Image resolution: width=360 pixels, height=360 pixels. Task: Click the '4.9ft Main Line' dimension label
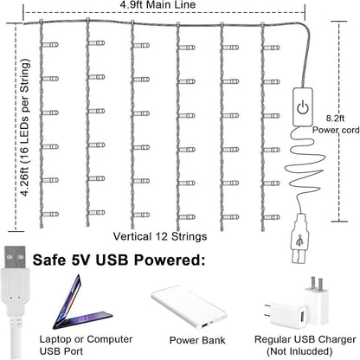157,4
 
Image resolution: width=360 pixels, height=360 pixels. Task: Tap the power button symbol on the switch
303,107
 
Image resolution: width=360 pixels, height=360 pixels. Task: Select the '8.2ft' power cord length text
335,119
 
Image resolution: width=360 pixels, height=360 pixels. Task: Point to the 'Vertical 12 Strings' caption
160,236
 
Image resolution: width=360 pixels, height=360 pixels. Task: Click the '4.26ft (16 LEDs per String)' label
26,128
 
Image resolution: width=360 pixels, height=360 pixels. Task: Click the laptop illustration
81,304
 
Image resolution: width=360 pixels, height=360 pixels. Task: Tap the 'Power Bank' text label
197,340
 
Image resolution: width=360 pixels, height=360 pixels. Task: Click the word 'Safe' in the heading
49,260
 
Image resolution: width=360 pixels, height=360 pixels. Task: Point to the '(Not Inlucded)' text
299,351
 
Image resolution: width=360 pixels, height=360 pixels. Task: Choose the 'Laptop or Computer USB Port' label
86,345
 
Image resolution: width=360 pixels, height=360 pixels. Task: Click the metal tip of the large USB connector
15,257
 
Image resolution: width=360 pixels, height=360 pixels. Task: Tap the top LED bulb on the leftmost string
50,45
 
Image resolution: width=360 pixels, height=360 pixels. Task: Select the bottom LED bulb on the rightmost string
272,217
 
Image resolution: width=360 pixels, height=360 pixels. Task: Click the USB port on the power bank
204,325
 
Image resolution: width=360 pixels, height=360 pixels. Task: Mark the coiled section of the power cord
305,162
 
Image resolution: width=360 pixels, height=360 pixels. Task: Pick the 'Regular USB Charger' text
305,339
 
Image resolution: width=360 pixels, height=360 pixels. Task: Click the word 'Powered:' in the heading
170,260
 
